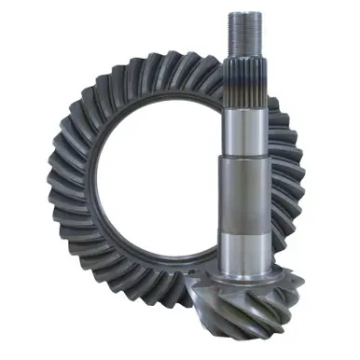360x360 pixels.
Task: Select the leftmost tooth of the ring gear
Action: point(53,187)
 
